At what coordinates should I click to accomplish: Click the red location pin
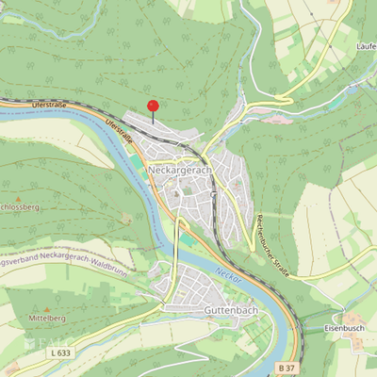pos(153,106)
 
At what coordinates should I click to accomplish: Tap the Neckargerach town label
pos(179,171)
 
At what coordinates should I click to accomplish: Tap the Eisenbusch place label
pos(345,328)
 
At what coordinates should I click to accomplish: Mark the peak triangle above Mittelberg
pos(45,308)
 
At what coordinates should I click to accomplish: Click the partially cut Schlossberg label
pos(19,206)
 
